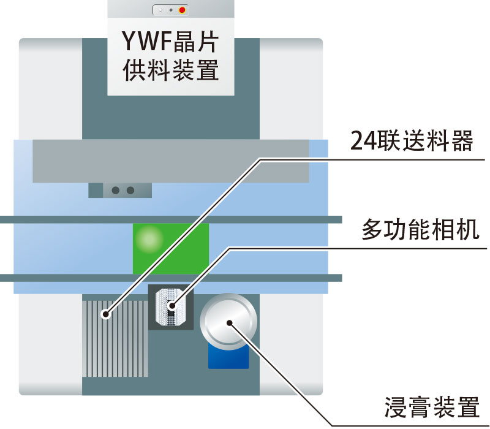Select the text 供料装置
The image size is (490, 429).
(x=170, y=70)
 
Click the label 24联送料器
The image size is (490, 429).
(x=412, y=142)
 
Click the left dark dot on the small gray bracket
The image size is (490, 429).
(x=115, y=191)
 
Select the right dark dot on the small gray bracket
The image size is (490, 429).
(x=130, y=191)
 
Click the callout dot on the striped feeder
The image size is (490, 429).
(x=107, y=316)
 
